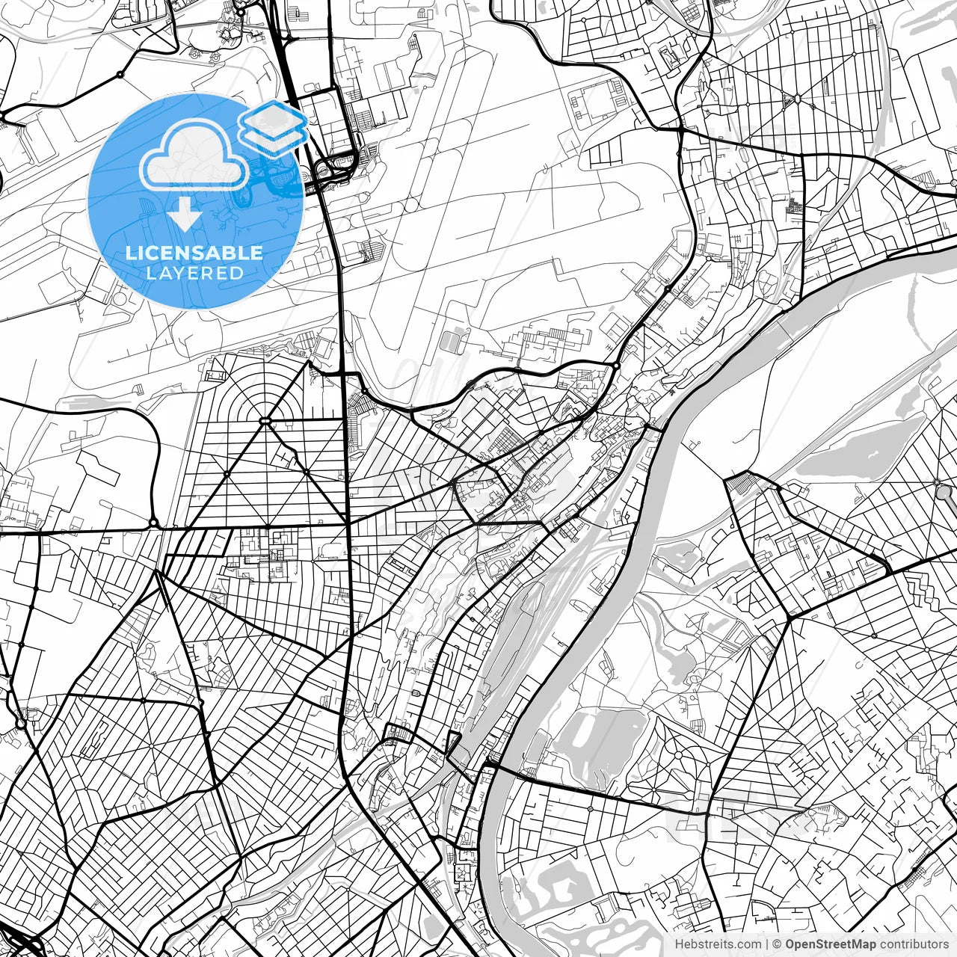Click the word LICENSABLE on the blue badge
tap(194, 253)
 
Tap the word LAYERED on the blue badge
tap(194, 273)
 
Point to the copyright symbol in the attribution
tap(777, 944)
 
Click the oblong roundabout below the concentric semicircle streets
tap(265, 422)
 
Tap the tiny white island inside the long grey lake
tap(870, 455)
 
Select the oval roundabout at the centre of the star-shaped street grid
tap(797, 99)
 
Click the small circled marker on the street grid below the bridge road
tap(591, 809)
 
